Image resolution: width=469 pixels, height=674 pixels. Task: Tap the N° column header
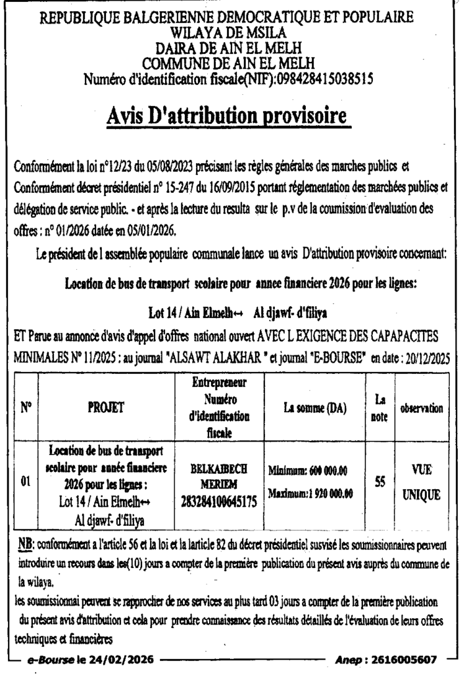26,408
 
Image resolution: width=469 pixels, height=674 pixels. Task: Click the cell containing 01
26,482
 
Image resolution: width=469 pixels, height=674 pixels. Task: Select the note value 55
380,482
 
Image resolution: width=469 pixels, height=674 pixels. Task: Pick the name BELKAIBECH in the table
218,471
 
